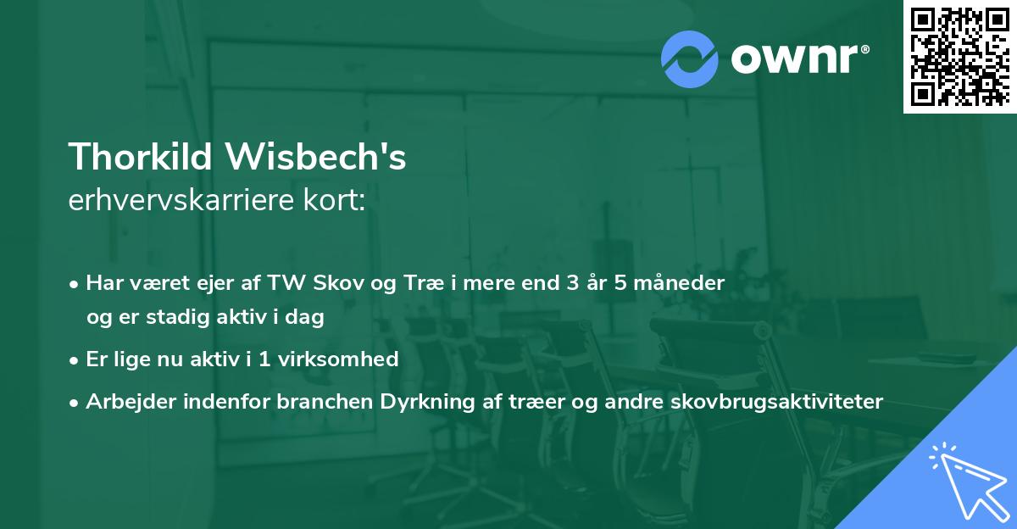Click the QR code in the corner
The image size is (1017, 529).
[959, 56]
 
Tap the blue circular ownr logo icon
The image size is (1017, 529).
[690, 59]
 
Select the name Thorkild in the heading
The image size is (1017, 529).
[139, 157]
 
